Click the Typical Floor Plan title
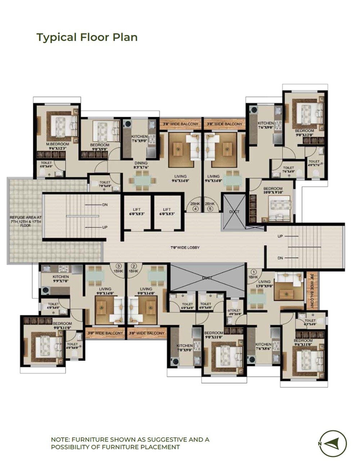coord(87,37)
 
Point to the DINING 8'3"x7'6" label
coord(140,165)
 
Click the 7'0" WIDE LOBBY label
coord(185,248)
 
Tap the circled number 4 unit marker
coord(196,208)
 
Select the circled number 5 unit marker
coord(210,208)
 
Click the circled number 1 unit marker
coord(253,272)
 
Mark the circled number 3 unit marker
coord(117,266)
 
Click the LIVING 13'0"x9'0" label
coord(264,284)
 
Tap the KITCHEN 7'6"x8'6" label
coord(263,347)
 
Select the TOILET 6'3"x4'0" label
coord(310,322)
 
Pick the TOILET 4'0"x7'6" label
coord(314,163)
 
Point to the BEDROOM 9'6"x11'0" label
coord(303,342)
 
